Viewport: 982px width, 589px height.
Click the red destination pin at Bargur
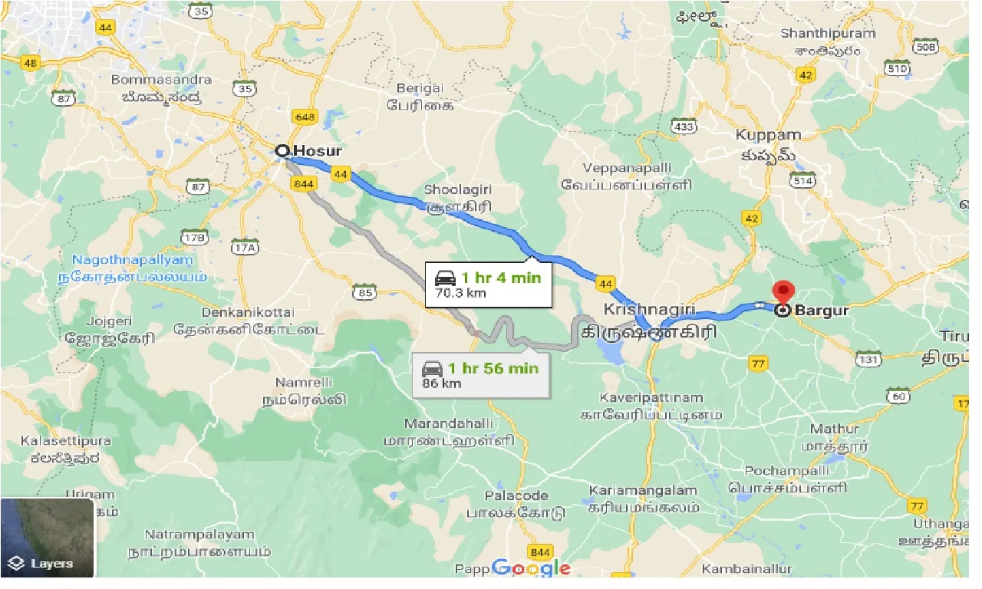[x=783, y=292]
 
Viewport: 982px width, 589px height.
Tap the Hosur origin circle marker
[x=282, y=151]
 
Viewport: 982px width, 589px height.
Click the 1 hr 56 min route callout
[x=480, y=375]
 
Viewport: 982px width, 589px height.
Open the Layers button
[x=47, y=563]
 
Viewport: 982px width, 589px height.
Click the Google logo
[x=531, y=568]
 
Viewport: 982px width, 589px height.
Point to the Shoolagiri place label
[x=458, y=189]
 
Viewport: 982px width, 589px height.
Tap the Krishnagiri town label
[x=649, y=310]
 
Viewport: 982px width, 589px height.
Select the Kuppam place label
[x=768, y=135]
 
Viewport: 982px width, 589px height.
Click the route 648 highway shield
[x=304, y=117]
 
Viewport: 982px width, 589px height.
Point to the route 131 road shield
[x=869, y=358]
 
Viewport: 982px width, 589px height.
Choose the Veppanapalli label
[x=627, y=168]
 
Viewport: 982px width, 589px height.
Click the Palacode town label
[x=516, y=495]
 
